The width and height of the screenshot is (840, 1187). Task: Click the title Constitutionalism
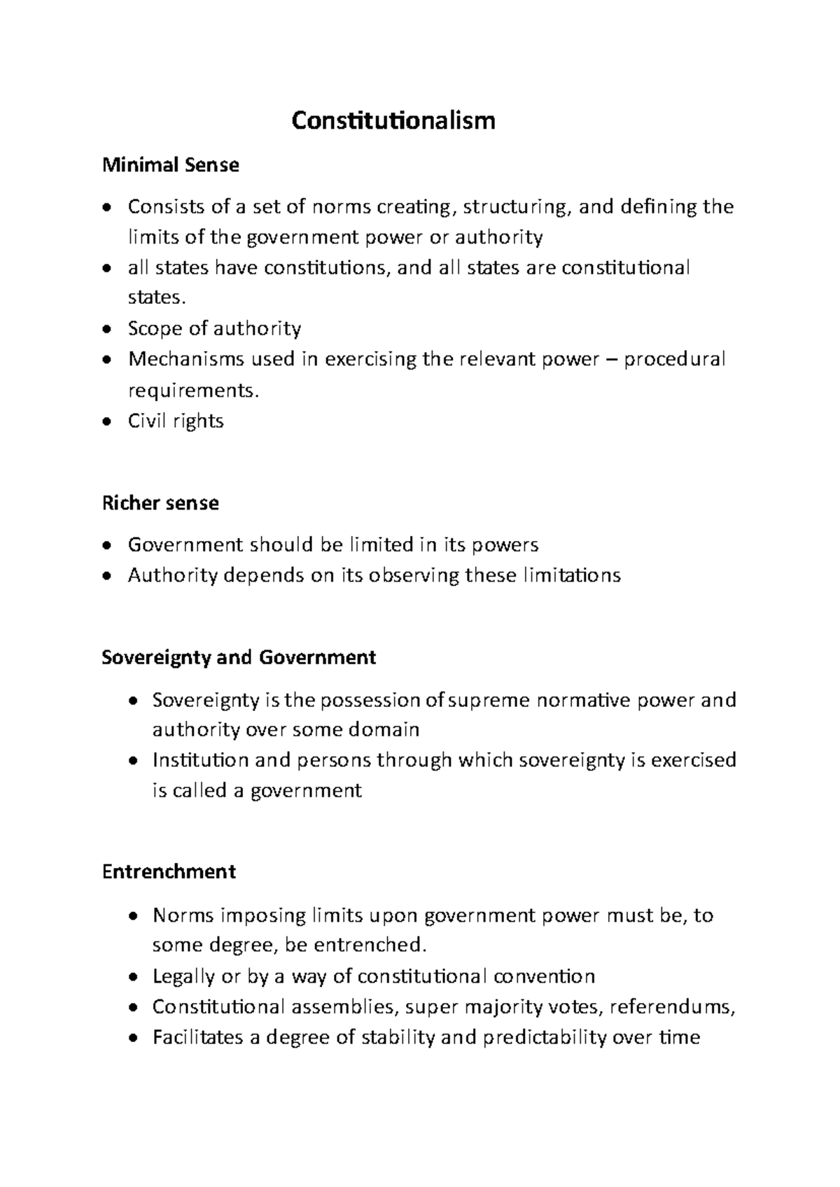tap(393, 120)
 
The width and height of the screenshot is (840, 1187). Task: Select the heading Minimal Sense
tap(170, 165)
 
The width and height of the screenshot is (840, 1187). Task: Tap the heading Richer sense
tap(160, 503)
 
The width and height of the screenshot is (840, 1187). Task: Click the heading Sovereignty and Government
tap(239, 657)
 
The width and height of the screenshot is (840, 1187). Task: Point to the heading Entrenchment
tap(168, 871)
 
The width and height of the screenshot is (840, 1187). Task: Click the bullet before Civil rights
tap(106, 422)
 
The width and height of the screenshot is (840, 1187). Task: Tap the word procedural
tap(674, 359)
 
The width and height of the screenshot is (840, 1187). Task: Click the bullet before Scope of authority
tap(106, 330)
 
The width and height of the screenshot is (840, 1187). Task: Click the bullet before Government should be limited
tap(106, 546)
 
